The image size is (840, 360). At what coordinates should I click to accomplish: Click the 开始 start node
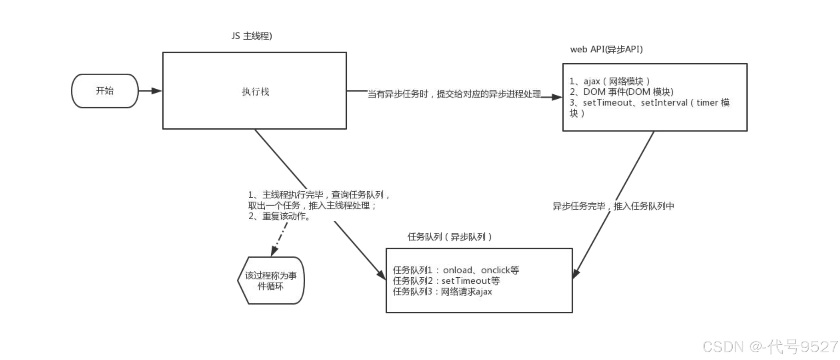tap(105, 91)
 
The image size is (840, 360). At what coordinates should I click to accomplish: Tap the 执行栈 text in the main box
tap(255, 92)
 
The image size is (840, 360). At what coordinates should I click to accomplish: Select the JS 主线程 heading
tap(252, 36)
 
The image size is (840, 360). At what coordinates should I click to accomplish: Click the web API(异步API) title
tap(606, 49)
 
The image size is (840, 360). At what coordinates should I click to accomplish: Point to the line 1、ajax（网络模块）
tap(609, 81)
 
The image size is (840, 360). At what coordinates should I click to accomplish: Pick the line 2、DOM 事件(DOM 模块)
tap(621, 92)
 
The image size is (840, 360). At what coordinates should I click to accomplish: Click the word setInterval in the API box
tap(664, 103)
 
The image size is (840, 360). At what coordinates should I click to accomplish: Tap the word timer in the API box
tap(707, 103)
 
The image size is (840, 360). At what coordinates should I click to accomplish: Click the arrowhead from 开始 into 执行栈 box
tap(157, 91)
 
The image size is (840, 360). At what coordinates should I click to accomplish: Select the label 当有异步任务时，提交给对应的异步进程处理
tap(454, 94)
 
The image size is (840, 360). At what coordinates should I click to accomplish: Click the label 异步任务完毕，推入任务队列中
tap(613, 206)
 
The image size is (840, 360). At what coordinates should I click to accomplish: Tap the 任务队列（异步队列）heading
tap(450, 237)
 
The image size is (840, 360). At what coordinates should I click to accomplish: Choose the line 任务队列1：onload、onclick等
tap(456, 270)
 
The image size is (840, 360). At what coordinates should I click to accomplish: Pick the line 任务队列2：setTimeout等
tap(446, 281)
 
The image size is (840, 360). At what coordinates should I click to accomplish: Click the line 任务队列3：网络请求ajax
tap(442, 292)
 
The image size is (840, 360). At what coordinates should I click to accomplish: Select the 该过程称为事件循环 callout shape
tap(271, 281)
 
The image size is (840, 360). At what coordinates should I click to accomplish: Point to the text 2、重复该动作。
tap(279, 216)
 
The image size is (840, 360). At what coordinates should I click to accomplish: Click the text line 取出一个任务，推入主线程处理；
tap(312, 205)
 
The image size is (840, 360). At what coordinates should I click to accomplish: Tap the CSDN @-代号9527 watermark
tap(770, 347)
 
